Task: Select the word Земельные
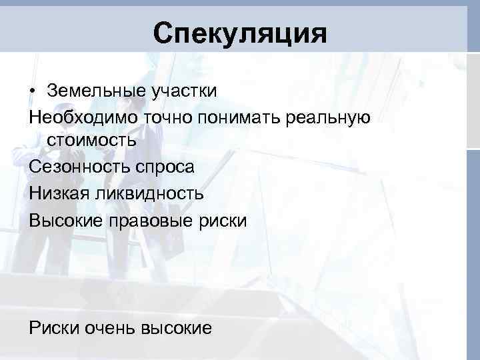[89, 90]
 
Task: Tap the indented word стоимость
[92, 141]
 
